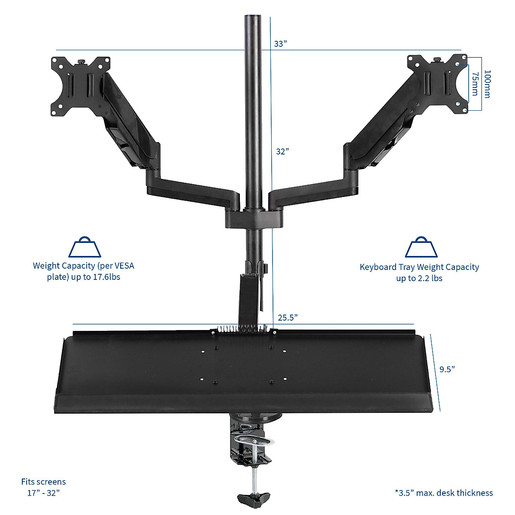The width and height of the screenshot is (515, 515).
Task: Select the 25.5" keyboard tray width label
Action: [x=288, y=318]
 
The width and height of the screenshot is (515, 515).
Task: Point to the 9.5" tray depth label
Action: [x=447, y=369]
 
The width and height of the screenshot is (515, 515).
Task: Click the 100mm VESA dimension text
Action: [x=487, y=84]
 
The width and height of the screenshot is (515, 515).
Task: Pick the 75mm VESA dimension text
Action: [x=475, y=84]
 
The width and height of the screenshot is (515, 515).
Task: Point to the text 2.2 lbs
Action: [x=429, y=279]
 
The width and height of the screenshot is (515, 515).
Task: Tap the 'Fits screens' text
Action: [x=43, y=482]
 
